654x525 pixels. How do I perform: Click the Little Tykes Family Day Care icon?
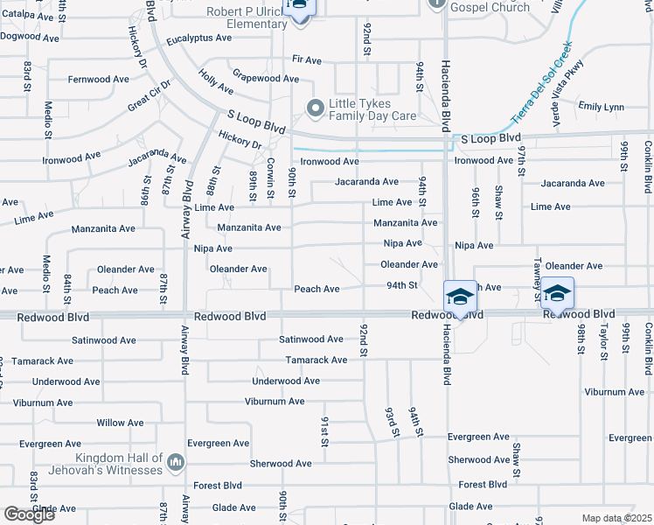pos(315,108)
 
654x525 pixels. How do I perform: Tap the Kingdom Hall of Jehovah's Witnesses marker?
pos(176,462)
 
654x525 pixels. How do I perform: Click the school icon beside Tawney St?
pos(557,292)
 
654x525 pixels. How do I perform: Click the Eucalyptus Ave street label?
pos(199,38)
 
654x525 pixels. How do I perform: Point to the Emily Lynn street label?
pos(602,108)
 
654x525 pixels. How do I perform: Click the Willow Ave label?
pos(121,423)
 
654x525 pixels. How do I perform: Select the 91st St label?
pos(324,432)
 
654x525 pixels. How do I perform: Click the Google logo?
pos(29,514)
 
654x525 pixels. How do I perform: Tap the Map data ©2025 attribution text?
pos(616,518)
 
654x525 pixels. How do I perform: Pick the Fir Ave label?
pos(307,59)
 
